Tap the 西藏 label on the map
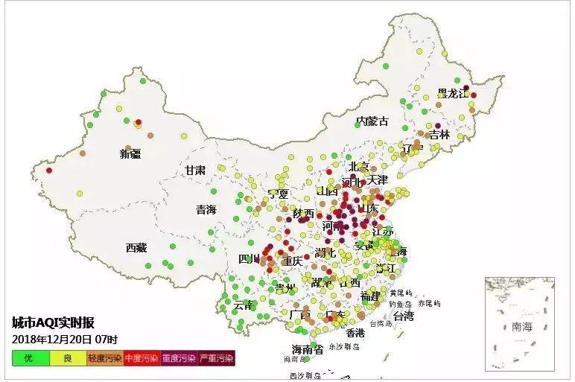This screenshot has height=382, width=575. [136, 248]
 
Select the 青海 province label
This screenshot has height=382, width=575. [206, 210]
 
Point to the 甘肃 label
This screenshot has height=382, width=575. [196, 171]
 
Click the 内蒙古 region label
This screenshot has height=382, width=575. [372, 121]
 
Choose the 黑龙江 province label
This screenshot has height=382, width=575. [454, 94]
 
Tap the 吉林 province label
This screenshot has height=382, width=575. [439, 135]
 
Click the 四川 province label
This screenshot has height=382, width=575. [249, 259]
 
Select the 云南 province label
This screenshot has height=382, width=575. [244, 305]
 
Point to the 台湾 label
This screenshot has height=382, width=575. [403, 316]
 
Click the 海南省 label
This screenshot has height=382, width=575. [306, 349]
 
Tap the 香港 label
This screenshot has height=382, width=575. [355, 332]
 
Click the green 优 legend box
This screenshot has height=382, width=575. [28, 359]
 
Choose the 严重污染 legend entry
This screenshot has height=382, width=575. [217, 359]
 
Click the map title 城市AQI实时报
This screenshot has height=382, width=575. [53, 322]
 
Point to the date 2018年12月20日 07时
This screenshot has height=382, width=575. [60, 339]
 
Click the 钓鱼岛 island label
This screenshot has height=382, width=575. [400, 304]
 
